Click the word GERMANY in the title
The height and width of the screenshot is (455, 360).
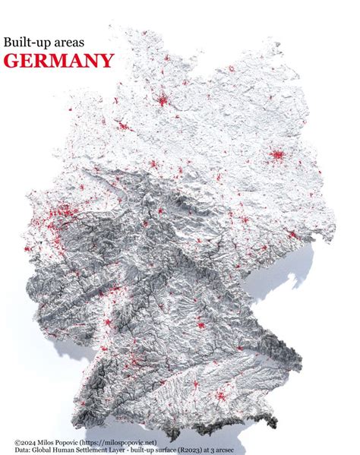click(x=59, y=61)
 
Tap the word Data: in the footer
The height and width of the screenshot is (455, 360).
click(x=24, y=449)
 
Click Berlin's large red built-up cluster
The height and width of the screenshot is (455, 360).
click(x=275, y=156)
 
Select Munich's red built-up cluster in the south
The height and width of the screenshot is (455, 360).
click(x=222, y=394)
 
